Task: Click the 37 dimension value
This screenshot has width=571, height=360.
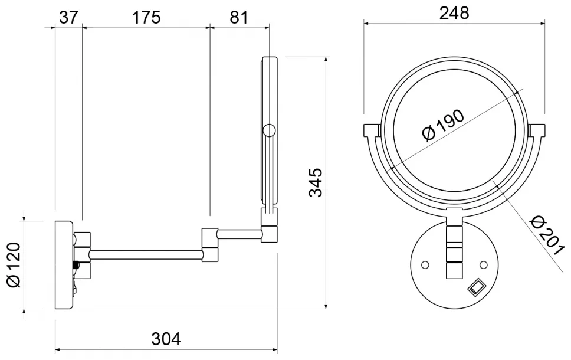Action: click(68, 17)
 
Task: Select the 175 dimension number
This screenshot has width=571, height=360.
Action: click(146, 17)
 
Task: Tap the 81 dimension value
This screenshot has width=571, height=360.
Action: click(238, 17)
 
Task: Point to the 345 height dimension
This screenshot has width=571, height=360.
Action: click(316, 182)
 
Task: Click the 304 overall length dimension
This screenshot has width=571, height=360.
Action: click(166, 339)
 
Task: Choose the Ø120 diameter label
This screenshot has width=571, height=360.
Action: click(14, 264)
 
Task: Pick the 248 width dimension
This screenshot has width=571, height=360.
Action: click(454, 13)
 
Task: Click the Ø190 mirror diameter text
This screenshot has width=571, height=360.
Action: click(443, 125)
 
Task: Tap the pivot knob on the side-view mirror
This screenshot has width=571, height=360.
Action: click(269, 130)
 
